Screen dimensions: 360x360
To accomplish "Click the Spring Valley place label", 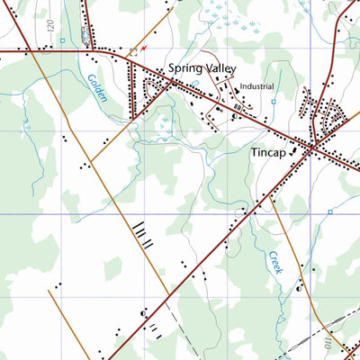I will click(x=200, y=67).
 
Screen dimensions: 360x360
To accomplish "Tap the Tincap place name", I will click(x=269, y=153).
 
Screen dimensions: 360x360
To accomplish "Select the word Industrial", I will click(x=257, y=87).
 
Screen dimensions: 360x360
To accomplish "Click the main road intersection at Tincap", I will click(x=310, y=147).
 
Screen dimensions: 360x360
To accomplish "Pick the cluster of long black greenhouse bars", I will click(x=143, y=236).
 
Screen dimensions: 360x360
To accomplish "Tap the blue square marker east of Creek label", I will click(x=330, y=212).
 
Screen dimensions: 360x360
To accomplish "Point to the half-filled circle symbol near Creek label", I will click(x=300, y=290).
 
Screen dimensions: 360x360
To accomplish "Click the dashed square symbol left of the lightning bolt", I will click(x=134, y=51).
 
